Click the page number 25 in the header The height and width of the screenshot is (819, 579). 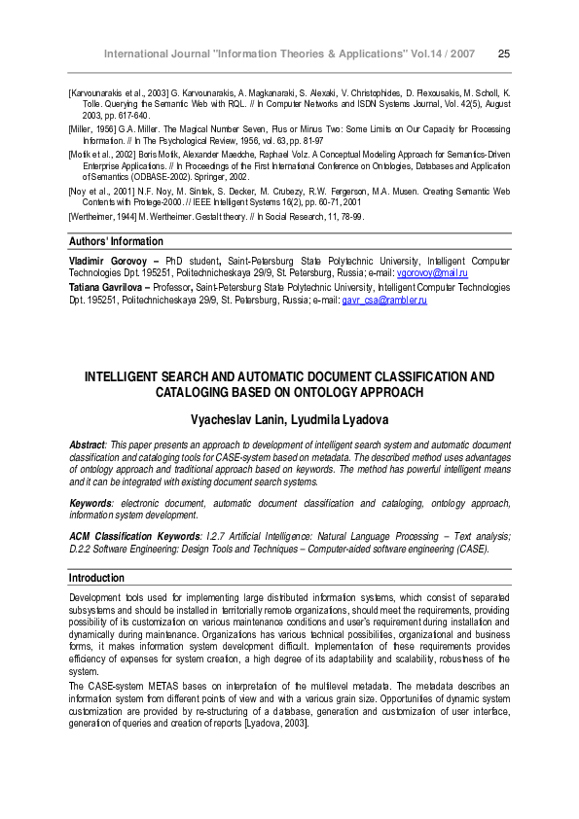click(x=503, y=53)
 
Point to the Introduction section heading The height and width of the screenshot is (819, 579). click(x=97, y=578)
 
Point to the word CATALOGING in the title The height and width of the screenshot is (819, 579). click(x=192, y=392)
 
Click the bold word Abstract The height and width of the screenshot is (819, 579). click(x=89, y=445)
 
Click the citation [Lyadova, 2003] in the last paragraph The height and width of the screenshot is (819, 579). click(x=277, y=724)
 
